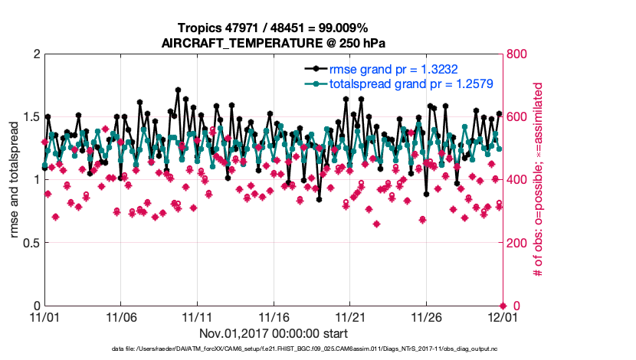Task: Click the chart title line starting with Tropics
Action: point(273,28)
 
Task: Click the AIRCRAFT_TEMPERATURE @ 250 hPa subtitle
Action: point(273,43)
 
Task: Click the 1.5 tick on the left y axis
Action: point(31,117)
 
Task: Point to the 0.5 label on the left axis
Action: point(31,243)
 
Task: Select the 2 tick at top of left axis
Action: point(36,54)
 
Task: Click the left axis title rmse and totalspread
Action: point(14,180)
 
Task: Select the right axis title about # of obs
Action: point(539,180)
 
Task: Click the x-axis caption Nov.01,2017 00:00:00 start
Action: point(273,333)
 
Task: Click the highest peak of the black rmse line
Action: point(178,90)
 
